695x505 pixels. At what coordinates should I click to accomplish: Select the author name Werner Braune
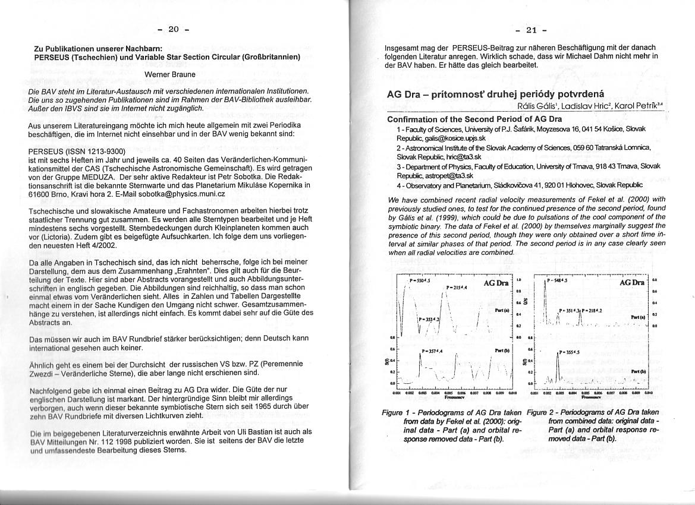coord(169,75)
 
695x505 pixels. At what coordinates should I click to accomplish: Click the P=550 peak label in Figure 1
coord(420,280)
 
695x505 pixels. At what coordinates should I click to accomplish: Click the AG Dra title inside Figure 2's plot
coord(632,282)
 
